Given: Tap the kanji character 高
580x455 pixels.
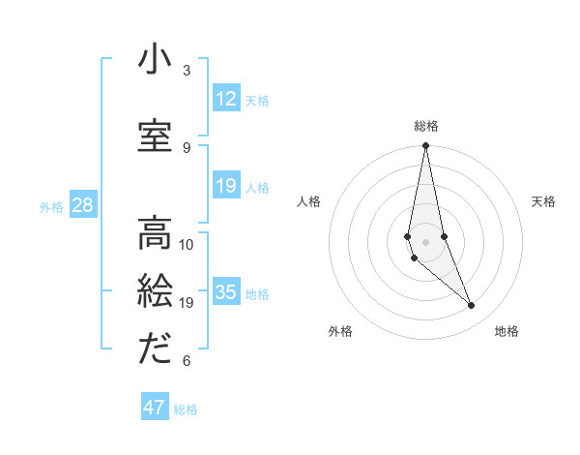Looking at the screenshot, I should coord(155,232).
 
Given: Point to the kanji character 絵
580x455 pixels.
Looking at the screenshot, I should coord(155,290).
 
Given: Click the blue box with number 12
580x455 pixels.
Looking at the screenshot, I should coord(226,99).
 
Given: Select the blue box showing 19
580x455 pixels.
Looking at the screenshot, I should coord(226,187).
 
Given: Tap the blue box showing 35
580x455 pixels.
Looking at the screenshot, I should coord(226,293).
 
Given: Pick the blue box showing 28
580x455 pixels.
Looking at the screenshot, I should coord(82,205).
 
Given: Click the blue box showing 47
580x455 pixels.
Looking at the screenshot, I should coord(155,408).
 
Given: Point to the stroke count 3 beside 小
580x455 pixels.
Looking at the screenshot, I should coord(187,71).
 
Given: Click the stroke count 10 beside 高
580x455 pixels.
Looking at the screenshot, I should coord(187,244).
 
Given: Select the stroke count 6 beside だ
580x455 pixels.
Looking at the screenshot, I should coord(187,361).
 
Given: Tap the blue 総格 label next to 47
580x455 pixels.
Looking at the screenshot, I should coord(186,409).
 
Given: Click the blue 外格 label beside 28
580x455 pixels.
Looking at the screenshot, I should coord(51,206).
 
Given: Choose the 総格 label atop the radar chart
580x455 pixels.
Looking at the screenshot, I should coord(425,126).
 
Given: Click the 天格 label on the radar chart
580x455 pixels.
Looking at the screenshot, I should coord(543,201).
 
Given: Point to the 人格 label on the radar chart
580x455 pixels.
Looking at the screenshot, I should coord(308,201).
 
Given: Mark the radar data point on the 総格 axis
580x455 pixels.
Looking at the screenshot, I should coord(425,146).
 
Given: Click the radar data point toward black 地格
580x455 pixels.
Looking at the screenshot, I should coord(471,306).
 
